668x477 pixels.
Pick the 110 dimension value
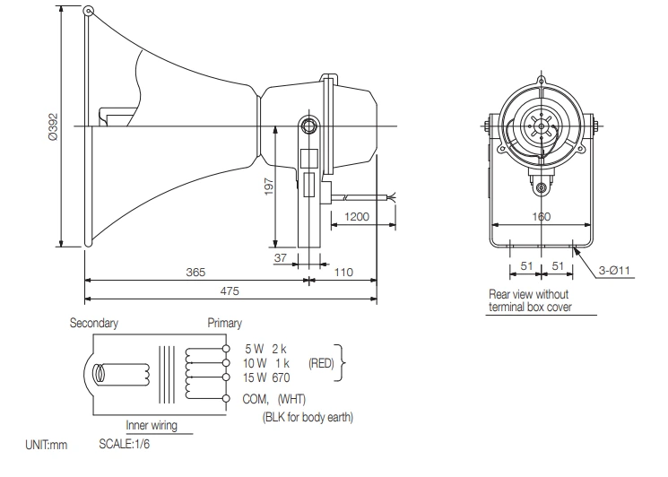tap(344, 272)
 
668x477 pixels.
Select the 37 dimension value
tap(282, 258)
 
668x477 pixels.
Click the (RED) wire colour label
tap(322, 363)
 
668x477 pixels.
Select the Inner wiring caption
tap(150, 427)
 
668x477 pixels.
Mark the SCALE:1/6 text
tap(125, 445)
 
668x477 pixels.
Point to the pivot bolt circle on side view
tap(308, 125)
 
